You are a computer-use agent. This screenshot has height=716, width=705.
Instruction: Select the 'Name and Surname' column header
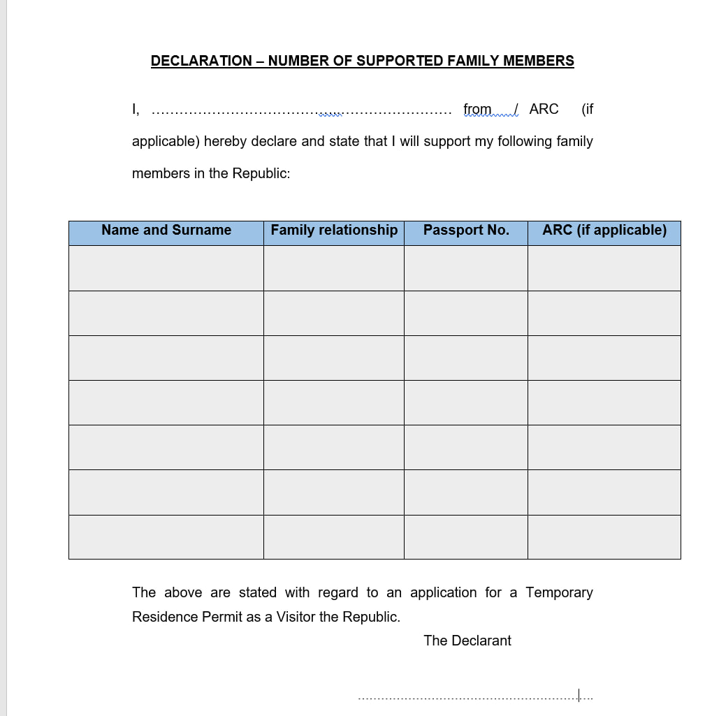pyautogui.click(x=166, y=231)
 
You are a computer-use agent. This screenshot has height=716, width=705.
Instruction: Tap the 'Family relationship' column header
pyautogui.click(x=334, y=231)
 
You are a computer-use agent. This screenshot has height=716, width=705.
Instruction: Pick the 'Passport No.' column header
pyautogui.click(x=466, y=231)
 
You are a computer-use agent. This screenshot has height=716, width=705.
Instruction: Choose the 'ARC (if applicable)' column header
pyautogui.click(x=604, y=231)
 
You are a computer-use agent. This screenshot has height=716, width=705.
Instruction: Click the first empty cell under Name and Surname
pyautogui.click(x=166, y=268)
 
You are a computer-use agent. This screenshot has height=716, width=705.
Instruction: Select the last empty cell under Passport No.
pyautogui.click(x=466, y=537)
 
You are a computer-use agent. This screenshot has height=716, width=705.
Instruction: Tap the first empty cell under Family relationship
pyautogui.click(x=334, y=268)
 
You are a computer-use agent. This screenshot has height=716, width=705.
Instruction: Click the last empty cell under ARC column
pyautogui.click(x=604, y=537)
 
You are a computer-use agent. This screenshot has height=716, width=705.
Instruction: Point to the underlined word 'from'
pyautogui.click(x=477, y=110)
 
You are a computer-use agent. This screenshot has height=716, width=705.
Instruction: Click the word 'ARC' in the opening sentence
pyautogui.click(x=544, y=110)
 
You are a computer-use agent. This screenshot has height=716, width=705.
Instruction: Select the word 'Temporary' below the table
pyautogui.click(x=559, y=593)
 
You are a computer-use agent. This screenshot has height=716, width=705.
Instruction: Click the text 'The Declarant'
pyautogui.click(x=467, y=641)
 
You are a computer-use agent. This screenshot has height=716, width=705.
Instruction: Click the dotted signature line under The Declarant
pyautogui.click(x=475, y=697)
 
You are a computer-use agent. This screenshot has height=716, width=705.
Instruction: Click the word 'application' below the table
pyautogui.click(x=443, y=593)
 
